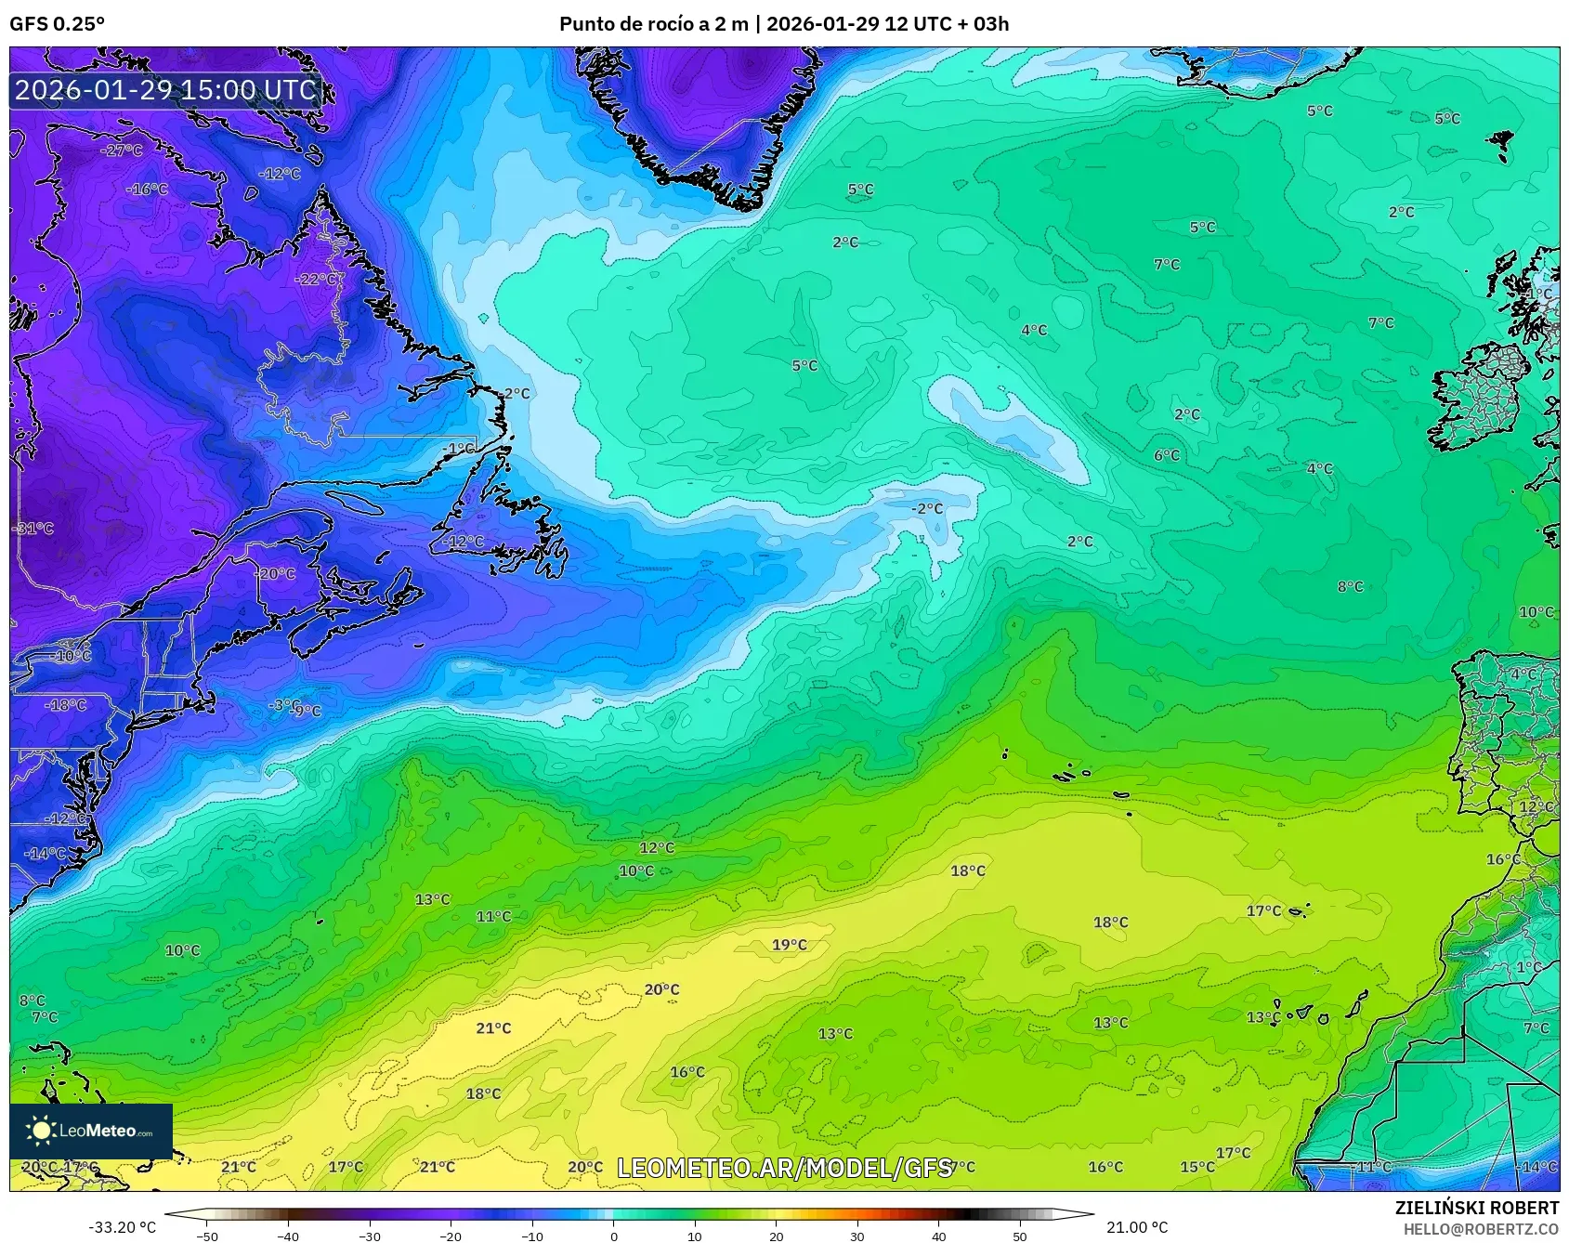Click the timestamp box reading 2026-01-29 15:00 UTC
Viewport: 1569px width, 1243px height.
pos(165,90)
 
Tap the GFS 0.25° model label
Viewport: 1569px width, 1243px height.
pos(57,24)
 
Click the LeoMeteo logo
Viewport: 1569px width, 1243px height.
pos(90,1131)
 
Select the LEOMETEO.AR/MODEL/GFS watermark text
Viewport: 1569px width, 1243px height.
pos(785,1168)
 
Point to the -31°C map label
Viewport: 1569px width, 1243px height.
pos(34,529)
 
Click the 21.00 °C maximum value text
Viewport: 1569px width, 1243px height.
pos(1136,1227)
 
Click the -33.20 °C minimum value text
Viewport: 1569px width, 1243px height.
pos(122,1227)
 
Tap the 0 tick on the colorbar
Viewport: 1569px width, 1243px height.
pos(613,1236)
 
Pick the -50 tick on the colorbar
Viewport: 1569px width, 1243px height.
pos(207,1236)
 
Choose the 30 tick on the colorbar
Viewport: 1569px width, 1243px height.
pos(856,1236)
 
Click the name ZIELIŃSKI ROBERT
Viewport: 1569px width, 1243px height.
pos(1476,1208)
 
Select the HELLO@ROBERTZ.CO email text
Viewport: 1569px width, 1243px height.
pos(1480,1229)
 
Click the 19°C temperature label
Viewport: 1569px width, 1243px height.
pos(790,945)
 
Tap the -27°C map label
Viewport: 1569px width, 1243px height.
pos(122,150)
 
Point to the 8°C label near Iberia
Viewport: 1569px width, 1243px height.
pos(1350,587)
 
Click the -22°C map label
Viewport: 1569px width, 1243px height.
pos(317,279)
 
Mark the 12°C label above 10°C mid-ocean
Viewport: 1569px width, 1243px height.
pos(657,848)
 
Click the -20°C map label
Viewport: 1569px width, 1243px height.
pos(275,574)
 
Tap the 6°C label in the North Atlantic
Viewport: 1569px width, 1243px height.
pos(1167,455)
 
